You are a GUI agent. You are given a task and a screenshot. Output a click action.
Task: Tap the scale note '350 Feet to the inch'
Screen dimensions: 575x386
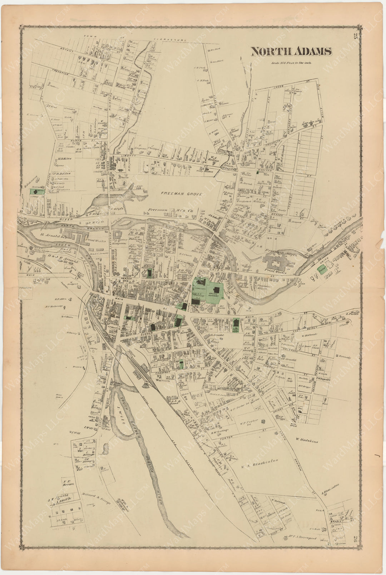(290, 63)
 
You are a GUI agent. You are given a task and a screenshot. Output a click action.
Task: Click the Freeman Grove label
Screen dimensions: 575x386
(181, 194)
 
